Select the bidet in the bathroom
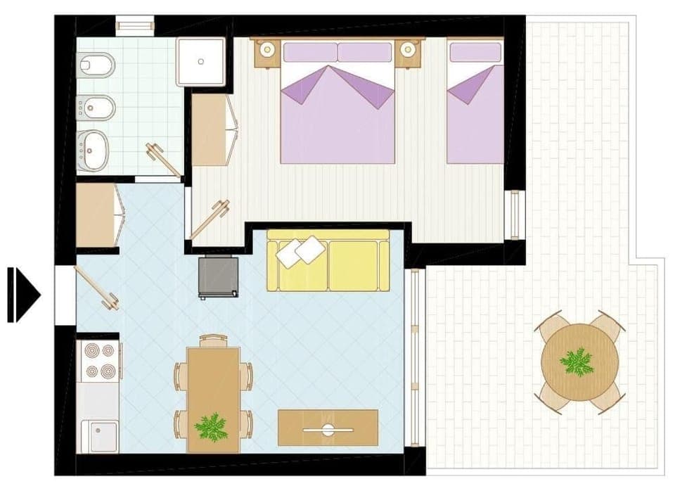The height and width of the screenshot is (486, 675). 94,107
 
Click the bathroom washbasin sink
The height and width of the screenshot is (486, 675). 94,147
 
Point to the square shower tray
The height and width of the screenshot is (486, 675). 201,61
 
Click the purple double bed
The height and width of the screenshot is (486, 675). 337,105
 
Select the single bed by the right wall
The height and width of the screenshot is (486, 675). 476,105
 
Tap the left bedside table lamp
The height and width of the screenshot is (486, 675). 267,49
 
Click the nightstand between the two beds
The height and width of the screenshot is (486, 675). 407,50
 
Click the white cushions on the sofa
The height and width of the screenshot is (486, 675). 300,250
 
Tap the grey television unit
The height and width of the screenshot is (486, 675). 218,277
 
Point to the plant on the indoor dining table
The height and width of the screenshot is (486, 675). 212,426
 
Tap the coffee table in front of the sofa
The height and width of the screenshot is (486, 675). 328,427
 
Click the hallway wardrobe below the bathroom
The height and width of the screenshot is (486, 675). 97,215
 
